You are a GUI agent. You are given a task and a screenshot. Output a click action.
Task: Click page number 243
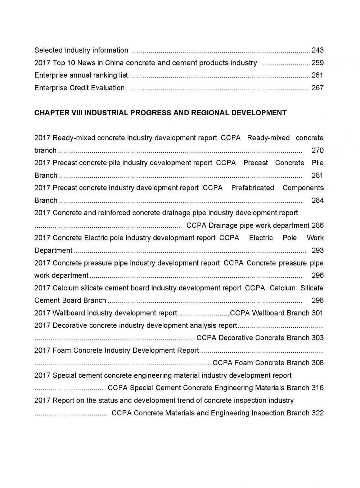tap(318, 50)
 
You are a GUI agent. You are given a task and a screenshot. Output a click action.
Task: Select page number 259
tap(318, 63)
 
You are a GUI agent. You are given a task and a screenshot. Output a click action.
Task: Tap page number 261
tap(318, 75)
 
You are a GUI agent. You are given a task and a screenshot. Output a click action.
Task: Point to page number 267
tap(318, 88)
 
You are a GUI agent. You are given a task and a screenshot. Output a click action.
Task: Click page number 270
tap(318, 150)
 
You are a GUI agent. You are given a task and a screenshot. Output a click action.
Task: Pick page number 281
tap(318, 176)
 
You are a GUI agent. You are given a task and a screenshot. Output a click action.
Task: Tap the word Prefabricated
tap(252, 188)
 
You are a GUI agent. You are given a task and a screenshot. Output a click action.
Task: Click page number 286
tap(318, 226)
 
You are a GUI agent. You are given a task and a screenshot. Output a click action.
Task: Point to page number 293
tap(318, 250)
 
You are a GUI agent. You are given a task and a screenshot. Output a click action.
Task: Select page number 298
tap(318, 301)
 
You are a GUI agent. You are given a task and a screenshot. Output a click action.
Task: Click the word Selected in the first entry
tap(49, 50)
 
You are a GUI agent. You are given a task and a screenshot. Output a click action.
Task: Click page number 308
tap(318, 363)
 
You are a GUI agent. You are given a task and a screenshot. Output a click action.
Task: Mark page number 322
tap(318, 413)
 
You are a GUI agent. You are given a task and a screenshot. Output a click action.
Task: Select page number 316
tap(318, 388)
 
